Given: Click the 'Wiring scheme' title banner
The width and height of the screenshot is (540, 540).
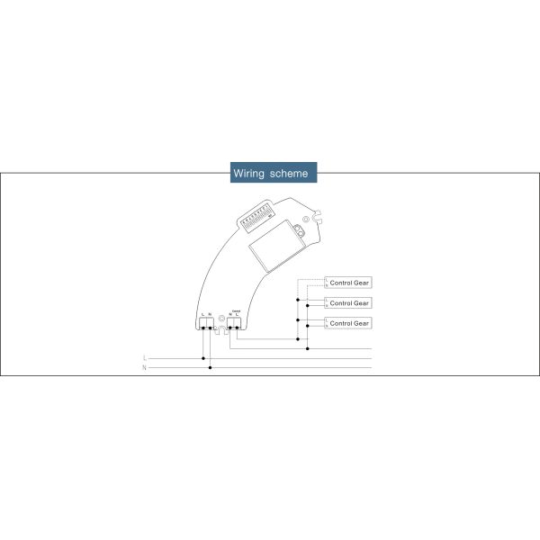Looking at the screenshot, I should tap(270, 172).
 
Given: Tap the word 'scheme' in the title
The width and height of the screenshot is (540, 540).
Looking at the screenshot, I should tap(290, 172).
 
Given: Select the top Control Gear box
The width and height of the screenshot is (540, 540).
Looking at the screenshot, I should tap(349, 283).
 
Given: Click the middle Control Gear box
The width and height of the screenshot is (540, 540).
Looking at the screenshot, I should tap(349, 302).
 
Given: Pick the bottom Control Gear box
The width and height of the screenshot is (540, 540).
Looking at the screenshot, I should tap(349, 322).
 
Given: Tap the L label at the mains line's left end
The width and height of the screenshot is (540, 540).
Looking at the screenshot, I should tap(145, 358).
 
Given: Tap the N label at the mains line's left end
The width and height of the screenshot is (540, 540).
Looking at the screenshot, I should tap(145, 367).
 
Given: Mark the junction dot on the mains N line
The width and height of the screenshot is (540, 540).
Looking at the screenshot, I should tap(211, 367).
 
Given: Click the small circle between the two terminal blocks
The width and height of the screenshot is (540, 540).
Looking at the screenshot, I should tap(220, 318).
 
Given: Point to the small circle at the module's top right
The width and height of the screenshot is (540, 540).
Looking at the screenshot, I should tap(304, 218).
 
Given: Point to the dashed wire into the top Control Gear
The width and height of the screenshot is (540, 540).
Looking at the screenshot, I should tap(310, 279).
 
